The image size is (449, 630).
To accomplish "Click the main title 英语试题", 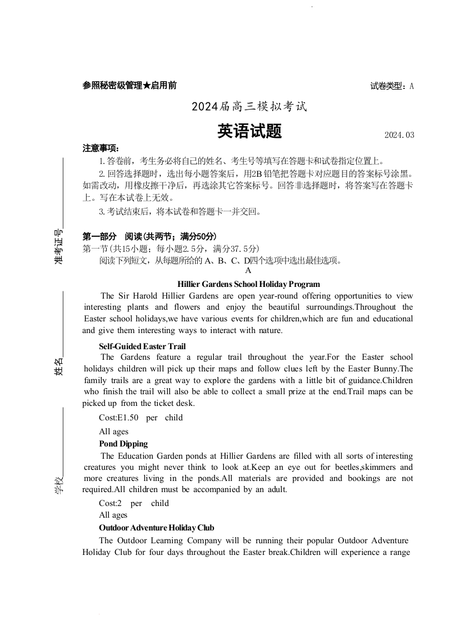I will (x=250, y=131).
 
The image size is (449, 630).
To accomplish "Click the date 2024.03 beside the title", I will (x=399, y=135).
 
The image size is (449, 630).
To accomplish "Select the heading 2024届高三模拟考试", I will (x=250, y=106).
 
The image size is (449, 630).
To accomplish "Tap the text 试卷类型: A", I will (x=392, y=86).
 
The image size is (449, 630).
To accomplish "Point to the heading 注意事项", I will (x=101, y=148).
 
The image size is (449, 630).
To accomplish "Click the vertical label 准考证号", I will (x=58, y=246).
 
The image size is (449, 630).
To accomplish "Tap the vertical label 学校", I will (x=58, y=485).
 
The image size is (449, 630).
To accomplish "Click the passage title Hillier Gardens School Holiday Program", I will (x=248, y=284).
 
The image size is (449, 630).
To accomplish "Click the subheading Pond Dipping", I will (x=123, y=444).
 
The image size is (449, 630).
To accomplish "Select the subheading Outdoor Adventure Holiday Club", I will (x=157, y=528).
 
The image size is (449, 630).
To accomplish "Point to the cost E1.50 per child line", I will (x=141, y=418).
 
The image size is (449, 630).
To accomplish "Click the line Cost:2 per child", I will (x=134, y=503).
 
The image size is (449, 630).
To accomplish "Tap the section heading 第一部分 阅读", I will (x=149, y=236).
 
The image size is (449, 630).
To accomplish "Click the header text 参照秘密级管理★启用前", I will (x=129, y=86).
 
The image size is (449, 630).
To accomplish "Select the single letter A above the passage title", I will (x=248, y=271).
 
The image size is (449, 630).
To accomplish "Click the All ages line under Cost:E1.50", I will (x=113, y=431).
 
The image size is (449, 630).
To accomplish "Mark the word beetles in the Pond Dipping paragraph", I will (x=347, y=468).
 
